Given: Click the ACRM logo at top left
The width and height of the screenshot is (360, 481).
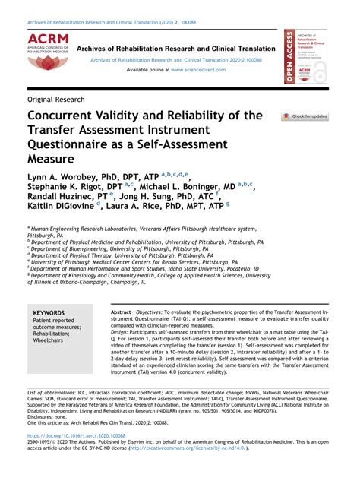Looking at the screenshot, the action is point(47,52).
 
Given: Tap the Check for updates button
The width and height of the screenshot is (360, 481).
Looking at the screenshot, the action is point(305,116).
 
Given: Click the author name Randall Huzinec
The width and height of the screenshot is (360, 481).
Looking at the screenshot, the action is point(60,201).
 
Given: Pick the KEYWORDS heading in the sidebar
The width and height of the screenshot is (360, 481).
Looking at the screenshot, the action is point(49,313).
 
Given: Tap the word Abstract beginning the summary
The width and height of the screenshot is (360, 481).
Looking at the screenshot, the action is point(121,313).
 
